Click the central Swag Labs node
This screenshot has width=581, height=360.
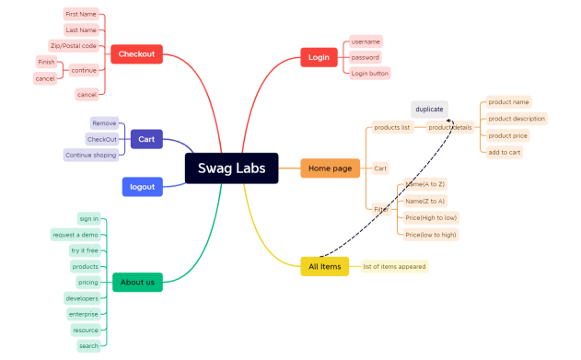[231, 168]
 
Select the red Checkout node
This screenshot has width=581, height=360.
[136, 54]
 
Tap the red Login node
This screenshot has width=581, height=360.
[319, 57]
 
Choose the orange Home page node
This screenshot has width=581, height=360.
[330, 168]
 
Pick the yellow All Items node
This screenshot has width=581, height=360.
[324, 267]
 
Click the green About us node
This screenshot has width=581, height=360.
[137, 282]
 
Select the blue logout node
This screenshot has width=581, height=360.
[142, 187]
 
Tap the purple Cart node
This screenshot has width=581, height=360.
[146, 139]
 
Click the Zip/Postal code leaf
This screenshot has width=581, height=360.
[74, 46]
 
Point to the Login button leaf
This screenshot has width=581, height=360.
[370, 73]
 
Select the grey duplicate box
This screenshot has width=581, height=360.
[429, 110]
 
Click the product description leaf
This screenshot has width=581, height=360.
[517, 119]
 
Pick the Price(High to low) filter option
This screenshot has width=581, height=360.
[431, 218]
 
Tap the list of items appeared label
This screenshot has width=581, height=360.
[394, 267]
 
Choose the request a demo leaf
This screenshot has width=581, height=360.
[76, 235]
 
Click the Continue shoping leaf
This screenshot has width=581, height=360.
[91, 156]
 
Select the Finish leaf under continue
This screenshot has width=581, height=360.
[46, 62]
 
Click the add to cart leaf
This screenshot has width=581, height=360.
[505, 152]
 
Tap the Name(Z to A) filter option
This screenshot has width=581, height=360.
[425, 201]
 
